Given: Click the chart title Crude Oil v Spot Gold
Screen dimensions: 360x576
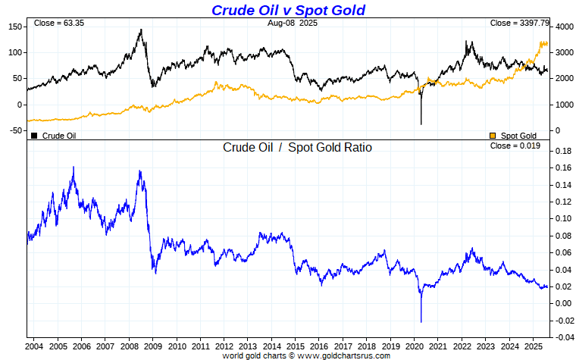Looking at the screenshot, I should (x=288, y=10).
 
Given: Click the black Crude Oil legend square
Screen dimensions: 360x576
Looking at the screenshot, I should (x=34, y=136).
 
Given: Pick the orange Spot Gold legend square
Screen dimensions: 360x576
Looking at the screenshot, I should (x=493, y=136).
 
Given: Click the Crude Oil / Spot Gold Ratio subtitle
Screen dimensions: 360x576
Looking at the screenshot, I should (x=297, y=147).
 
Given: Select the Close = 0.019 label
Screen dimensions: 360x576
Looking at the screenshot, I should (x=515, y=146).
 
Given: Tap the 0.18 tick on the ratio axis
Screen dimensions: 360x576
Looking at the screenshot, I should (x=564, y=151).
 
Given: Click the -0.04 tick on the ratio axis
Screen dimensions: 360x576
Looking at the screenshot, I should (x=564, y=337).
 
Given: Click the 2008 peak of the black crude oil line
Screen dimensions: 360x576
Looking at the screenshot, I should (x=141, y=30).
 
